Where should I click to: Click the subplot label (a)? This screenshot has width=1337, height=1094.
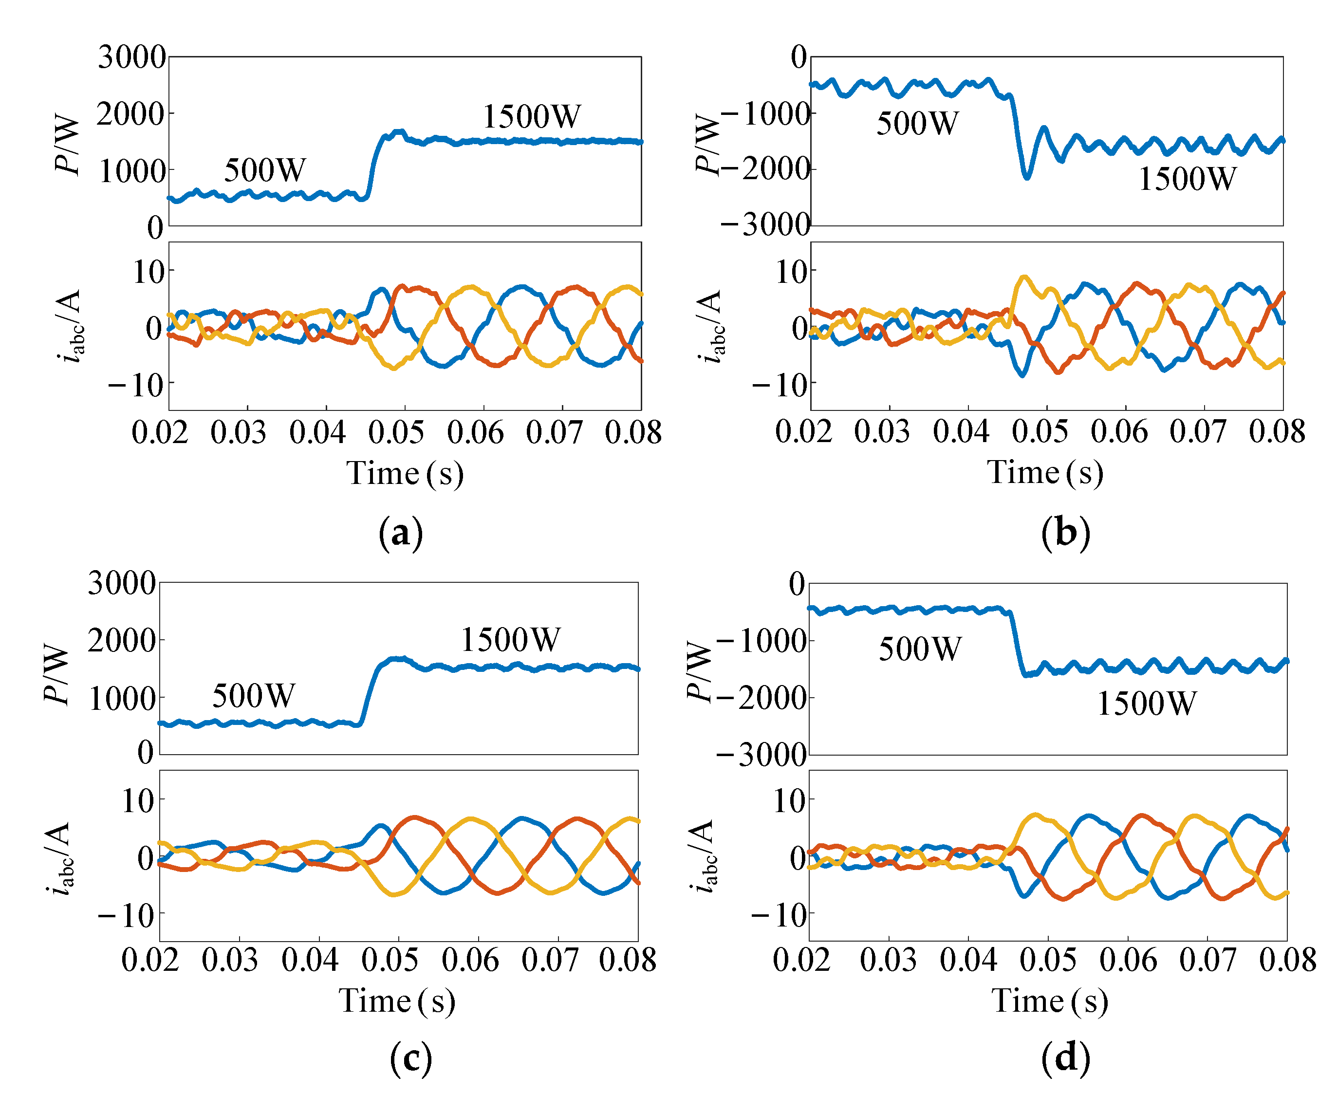click(x=401, y=533)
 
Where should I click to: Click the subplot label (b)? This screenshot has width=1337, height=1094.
click(x=1065, y=533)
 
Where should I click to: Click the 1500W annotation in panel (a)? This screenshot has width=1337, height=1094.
click(x=531, y=116)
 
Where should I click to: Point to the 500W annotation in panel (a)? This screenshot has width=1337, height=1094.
click(x=265, y=170)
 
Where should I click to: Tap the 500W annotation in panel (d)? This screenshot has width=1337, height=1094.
click(x=920, y=649)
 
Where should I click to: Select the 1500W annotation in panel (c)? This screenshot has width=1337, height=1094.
click(x=510, y=640)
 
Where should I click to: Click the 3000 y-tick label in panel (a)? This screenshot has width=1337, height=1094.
click(x=131, y=57)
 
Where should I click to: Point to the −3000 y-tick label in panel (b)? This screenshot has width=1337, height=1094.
click(x=765, y=224)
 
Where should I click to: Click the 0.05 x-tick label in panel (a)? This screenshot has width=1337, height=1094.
click(x=396, y=433)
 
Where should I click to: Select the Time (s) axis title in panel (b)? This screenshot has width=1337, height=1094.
click(x=1045, y=473)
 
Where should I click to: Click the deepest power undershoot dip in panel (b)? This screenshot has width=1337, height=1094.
click(x=1027, y=178)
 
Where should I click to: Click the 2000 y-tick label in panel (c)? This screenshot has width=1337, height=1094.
click(x=121, y=641)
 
